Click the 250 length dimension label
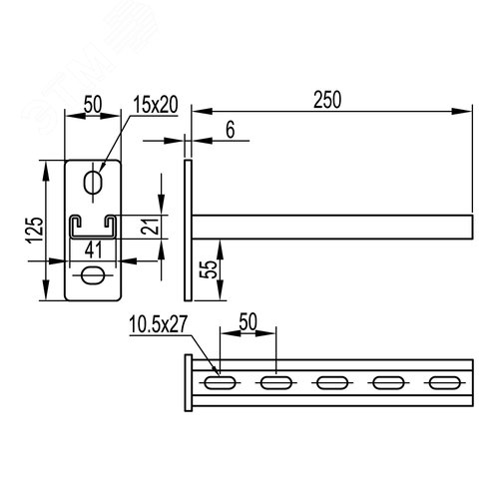point(327,100)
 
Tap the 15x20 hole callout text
point(156,105)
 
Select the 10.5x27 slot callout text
point(159,324)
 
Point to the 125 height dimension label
point(36,231)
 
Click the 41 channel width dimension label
point(94,249)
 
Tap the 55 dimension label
point(209,269)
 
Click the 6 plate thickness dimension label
point(231,130)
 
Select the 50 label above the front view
point(93,104)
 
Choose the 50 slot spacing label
point(249,321)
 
